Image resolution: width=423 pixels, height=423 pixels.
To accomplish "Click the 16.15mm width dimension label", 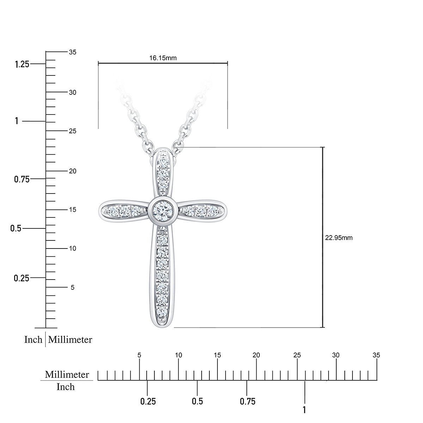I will point(163,58).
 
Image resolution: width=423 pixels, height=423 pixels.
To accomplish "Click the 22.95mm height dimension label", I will point(338,238).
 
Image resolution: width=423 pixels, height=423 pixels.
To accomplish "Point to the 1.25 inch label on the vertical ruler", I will point(22,64).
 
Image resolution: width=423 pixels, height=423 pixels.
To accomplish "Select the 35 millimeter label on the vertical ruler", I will point(73,52).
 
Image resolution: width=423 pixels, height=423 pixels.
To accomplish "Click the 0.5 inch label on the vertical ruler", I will point(16,228).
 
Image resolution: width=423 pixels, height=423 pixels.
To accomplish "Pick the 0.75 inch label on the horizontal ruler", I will point(247,401).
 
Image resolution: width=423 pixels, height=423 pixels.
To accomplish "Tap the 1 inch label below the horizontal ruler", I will point(305,410).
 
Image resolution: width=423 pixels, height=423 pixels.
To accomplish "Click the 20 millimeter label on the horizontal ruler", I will point(256,355).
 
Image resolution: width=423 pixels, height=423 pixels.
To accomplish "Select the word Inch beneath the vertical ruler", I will point(33,339).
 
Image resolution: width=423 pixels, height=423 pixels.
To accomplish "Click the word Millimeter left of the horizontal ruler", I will point(67,374).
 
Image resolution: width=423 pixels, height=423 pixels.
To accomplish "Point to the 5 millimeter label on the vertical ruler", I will point(73,288).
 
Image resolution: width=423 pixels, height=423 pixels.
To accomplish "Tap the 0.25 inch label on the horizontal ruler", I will point(148,401).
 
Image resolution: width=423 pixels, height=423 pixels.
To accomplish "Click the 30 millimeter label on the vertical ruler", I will point(73,92).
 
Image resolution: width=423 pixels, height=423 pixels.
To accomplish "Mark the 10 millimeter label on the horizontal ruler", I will point(179,355).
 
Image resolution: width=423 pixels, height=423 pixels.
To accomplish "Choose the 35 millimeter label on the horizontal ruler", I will point(376,355).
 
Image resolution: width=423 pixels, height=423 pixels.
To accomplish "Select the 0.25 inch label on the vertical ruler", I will point(22,278).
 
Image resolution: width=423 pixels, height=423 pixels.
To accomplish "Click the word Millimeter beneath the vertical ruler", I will point(70,339).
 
